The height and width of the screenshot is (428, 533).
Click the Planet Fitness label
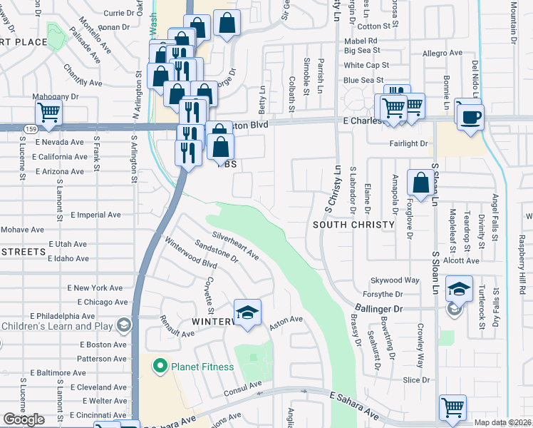(202, 367)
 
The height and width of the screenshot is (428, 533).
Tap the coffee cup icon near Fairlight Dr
(470, 116)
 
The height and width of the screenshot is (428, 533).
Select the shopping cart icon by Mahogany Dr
(48, 112)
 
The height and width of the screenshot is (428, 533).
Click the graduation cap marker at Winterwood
(247, 313)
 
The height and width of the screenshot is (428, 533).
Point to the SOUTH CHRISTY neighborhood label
(353, 225)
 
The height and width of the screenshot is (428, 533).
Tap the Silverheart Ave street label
(235, 244)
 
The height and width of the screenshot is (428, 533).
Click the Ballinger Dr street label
(378, 309)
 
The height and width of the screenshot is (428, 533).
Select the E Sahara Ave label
(354, 403)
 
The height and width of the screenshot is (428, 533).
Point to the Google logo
(24, 419)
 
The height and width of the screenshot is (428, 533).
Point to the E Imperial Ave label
(96, 215)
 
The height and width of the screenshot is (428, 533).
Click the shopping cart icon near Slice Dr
(452, 407)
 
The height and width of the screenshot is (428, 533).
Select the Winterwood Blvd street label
(191, 254)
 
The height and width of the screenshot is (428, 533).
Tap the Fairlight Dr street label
(412, 143)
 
